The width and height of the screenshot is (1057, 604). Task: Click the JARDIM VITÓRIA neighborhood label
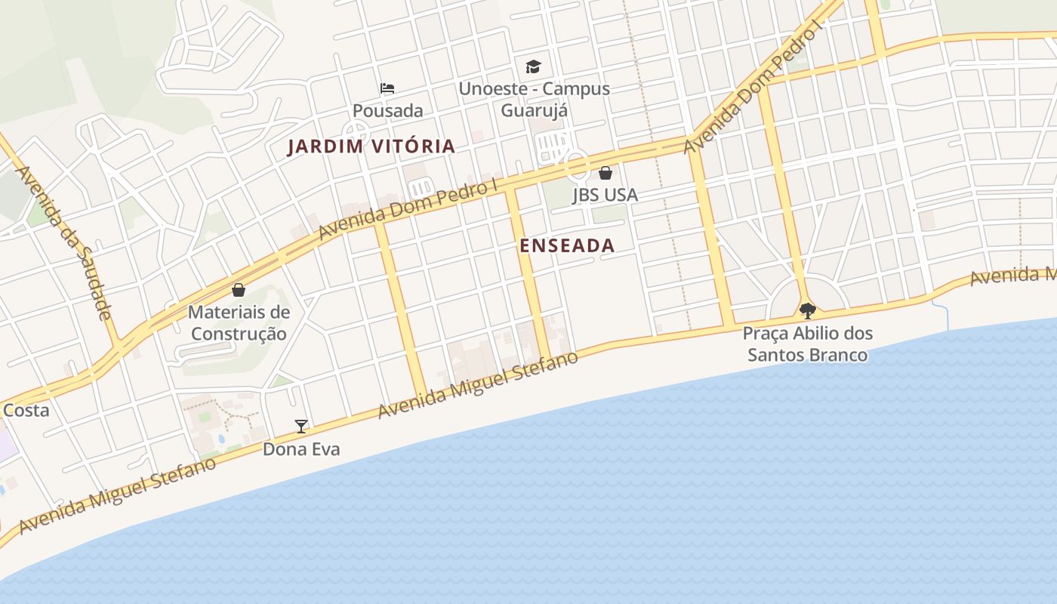pos(371,146)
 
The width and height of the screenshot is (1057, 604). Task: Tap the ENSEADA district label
pos(567,245)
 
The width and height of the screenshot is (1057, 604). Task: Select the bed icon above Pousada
pos(387,88)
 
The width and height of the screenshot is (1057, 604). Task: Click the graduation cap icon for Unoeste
pos(534,66)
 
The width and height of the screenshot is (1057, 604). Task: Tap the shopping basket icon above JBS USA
pos(605,173)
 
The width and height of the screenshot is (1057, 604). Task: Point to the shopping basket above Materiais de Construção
pos(239,290)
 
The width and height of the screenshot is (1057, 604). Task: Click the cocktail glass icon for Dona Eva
pos(301,427)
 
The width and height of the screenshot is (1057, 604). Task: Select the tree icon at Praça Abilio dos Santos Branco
pos(807,310)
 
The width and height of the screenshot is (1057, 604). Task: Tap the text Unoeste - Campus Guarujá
pos(535,99)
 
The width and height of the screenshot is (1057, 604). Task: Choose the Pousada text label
pos(388,111)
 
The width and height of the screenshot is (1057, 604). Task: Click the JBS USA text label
pos(605,195)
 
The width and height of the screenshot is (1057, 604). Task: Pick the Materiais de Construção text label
pos(239,322)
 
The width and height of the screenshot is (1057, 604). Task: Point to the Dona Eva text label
pos(301,449)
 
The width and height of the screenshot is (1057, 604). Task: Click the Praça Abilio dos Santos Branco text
pos(807,344)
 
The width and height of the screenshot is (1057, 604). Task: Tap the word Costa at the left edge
pos(26,411)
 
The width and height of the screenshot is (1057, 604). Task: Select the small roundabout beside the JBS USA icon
pos(577,162)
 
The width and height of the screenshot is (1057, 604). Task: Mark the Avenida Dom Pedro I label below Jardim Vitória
pos(409,209)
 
